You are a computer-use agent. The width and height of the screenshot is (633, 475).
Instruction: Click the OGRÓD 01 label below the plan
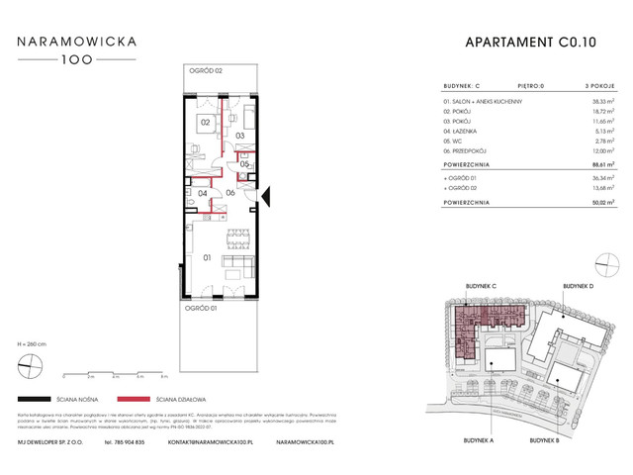[x=201, y=308]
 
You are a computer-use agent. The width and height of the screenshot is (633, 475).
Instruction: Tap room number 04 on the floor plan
[x=203, y=194]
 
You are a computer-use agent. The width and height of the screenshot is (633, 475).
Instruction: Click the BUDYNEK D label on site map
[x=580, y=285]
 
